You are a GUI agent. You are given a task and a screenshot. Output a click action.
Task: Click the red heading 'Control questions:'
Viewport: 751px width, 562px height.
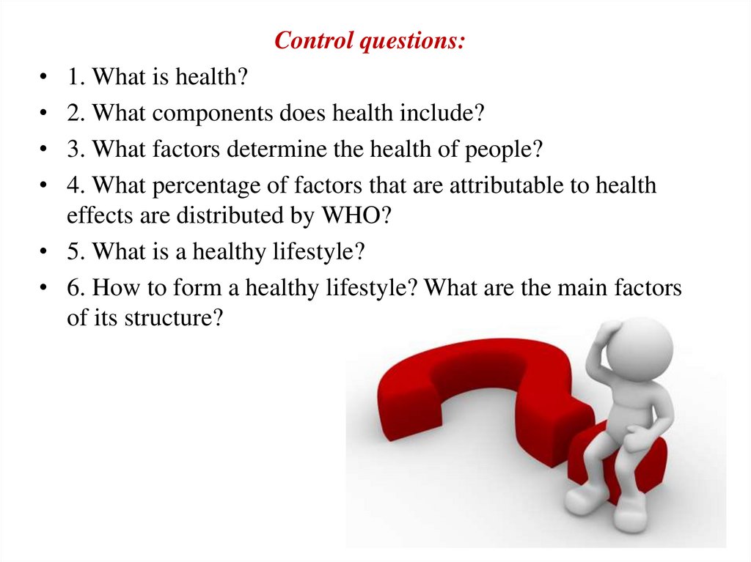370,41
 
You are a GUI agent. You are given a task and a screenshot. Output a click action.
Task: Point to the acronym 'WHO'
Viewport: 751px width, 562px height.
351,215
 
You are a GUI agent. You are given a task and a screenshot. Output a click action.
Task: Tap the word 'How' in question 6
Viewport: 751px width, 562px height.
115,288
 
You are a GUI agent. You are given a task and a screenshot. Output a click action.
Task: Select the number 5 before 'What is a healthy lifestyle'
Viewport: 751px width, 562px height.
76,251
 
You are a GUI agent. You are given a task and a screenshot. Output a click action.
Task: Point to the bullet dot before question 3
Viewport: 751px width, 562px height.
43,149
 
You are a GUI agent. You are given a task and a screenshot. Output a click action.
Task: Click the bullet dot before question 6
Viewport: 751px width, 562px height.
43,288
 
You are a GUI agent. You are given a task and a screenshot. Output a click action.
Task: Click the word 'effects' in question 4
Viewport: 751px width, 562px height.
100,215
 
